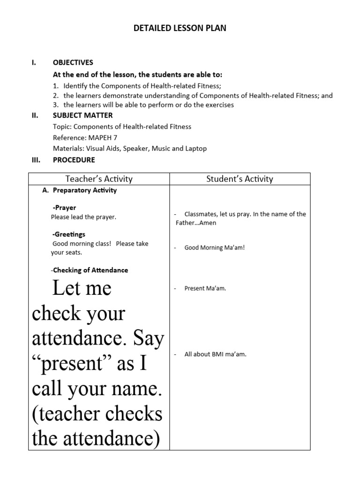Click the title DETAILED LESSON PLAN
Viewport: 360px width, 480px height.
[x=180, y=28]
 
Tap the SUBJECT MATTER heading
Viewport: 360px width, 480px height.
[x=82, y=115]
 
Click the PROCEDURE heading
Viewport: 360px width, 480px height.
[x=74, y=160]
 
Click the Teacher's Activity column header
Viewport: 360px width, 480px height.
[x=99, y=179]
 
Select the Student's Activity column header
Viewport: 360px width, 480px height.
[x=240, y=179]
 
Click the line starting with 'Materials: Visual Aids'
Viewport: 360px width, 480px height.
[x=129, y=149]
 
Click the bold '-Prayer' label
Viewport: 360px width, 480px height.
[x=64, y=208]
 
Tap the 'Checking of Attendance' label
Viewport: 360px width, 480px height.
[x=90, y=270]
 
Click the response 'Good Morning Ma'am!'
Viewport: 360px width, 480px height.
[x=215, y=247]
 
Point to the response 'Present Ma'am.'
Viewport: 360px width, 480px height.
[x=205, y=288]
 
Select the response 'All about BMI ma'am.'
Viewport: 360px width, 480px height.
[x=215, y=354]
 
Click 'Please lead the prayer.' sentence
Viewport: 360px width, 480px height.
[x=83, y=217]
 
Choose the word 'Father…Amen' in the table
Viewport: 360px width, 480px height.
[x=196, y=223]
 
